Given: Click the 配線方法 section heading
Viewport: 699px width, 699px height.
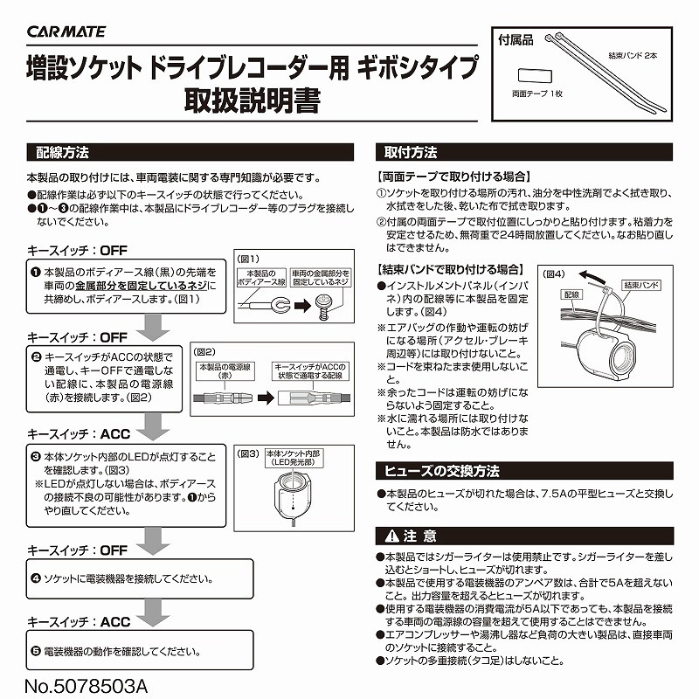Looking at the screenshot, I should tap(62, 151).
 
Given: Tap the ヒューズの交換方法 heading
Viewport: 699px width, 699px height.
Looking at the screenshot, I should tap(443, 470).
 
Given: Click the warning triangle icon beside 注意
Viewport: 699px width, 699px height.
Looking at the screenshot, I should tap(391, 534).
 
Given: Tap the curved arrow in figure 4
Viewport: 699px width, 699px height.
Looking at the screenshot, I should tap(594, 276).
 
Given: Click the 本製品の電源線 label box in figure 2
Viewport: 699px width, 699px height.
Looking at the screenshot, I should tap(225, 368).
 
